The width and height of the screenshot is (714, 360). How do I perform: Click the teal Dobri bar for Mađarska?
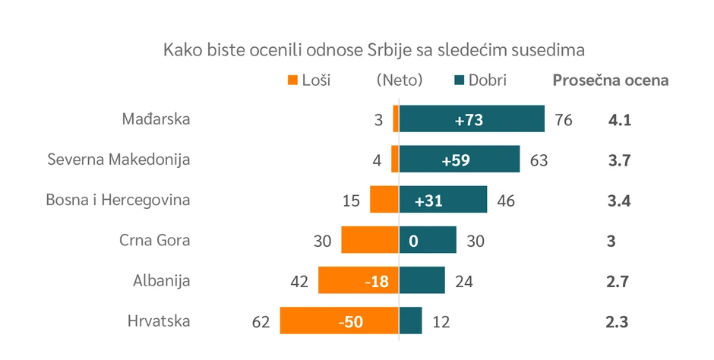[x=472, y=119]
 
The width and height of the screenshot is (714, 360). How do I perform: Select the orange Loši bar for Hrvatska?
[x=339, y=321]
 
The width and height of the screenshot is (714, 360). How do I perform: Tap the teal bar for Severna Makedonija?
[x=459, y=159]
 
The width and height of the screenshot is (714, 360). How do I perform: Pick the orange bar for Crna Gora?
[x=370, y=240]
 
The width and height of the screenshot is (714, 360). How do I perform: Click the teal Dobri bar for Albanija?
[x=422, y=280]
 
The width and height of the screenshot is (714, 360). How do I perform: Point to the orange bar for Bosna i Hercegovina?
[x=384, y=200]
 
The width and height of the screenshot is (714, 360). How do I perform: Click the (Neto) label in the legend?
[x=400, y=80]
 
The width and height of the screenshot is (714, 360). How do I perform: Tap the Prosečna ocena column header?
[x=610, y=80]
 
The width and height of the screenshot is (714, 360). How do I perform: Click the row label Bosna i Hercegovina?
[x=118, y=200]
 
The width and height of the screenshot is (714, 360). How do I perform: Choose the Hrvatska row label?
[x=159, y=321]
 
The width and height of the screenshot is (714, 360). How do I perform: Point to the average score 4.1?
[x=620, y=119]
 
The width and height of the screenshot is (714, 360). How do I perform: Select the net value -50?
[x=350, y=321]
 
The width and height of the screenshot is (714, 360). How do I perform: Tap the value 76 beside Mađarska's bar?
[x=564, y=119]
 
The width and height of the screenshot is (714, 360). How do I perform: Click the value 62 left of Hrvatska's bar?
[x=261, y=321]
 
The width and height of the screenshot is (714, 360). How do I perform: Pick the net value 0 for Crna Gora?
[x=413, y=240]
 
